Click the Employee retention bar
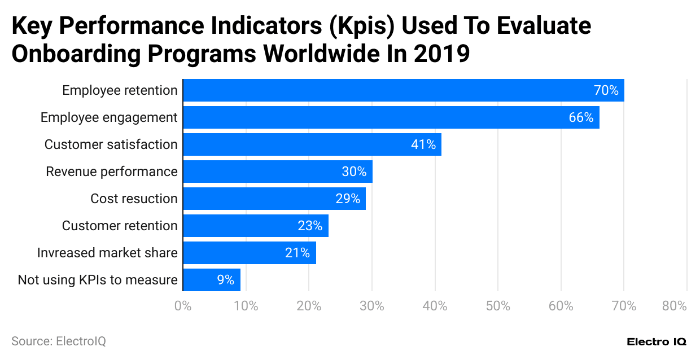(403, 90)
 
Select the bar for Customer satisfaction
(312, 144)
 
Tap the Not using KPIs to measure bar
(212, 280)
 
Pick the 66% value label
(581, 117)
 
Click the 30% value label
(354, 172)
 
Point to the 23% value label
(310, 226)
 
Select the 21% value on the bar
(297, 253)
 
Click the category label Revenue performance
(112, 172)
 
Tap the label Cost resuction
(134, 199)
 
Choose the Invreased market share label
(107, 253)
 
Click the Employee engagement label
(109, 117)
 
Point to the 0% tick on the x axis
(183, 306)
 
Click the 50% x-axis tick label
(498, 306)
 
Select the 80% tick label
(674, 306)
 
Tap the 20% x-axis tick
(309, 306)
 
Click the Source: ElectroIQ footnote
(59, 341)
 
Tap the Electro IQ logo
(657, 342)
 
